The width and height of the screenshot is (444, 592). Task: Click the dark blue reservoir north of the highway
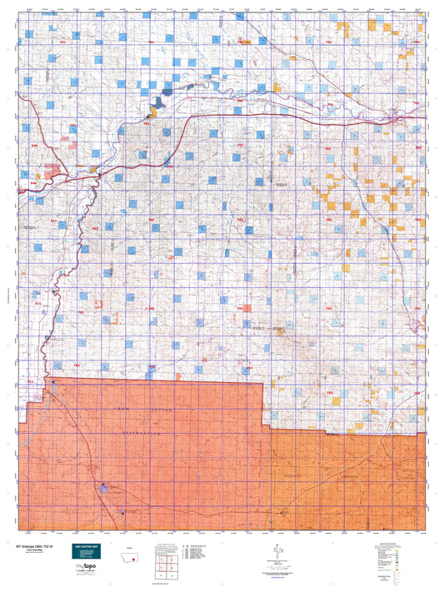[157, 102]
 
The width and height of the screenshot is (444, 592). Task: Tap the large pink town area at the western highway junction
[56, 174]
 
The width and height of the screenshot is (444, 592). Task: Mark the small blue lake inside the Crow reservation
[104, 490]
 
